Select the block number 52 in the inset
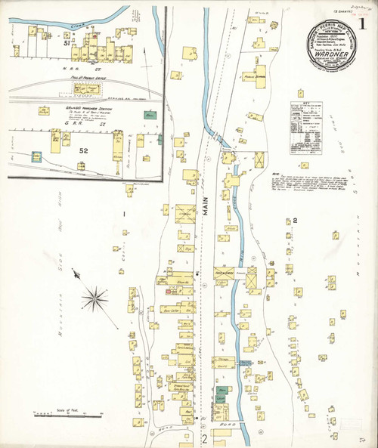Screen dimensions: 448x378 (84, 150)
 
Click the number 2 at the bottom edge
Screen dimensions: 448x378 (203, 438)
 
